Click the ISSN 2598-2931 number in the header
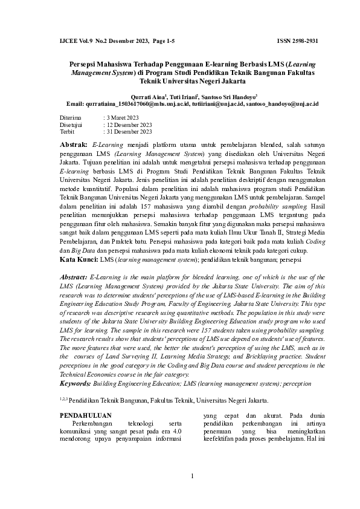[x=297, y=41]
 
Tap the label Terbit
[x=68, y=131]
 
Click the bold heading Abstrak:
[x=74, y=146]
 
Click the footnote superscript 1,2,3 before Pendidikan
[x=63, y=399]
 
